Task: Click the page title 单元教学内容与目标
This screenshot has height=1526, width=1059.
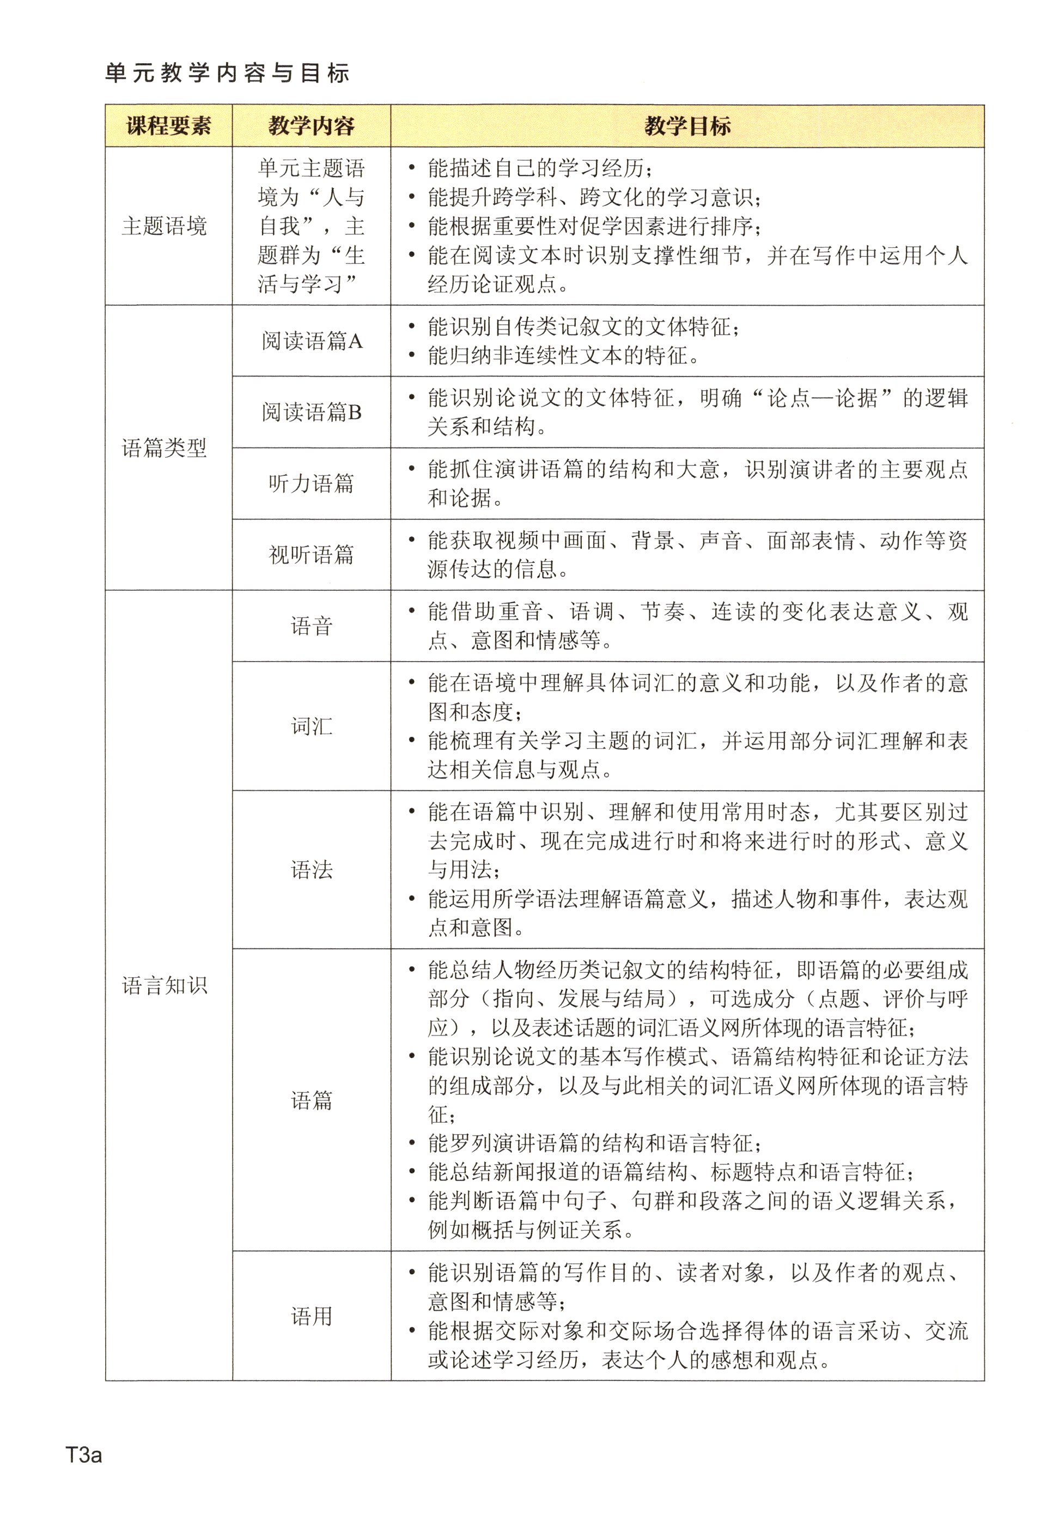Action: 227,73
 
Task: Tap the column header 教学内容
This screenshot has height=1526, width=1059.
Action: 311,125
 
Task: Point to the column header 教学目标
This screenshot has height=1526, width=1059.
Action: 687,125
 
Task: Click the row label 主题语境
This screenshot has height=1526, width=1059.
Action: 165,226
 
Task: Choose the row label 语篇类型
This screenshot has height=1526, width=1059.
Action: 165,448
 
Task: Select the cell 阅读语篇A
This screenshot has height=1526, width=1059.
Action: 311,341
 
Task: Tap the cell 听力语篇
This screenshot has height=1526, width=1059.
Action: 311,483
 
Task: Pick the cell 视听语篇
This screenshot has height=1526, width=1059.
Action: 311,555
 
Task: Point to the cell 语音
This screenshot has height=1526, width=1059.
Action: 311,626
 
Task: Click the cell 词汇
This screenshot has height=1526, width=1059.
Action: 311,725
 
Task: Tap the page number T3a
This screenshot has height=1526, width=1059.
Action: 83,1455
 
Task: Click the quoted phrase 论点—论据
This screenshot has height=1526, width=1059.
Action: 823,398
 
